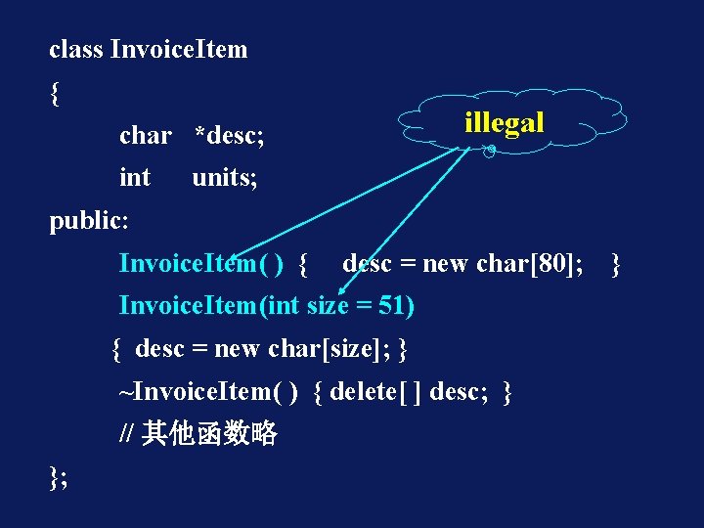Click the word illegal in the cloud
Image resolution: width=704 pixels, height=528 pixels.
504,123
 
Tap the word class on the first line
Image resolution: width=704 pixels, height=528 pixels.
75,49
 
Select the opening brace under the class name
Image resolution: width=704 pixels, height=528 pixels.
55,93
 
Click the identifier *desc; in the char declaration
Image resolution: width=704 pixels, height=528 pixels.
230,136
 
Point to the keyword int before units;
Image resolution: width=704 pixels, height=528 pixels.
135,177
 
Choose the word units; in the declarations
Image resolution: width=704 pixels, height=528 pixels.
225,177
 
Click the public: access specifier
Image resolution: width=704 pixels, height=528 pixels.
89,220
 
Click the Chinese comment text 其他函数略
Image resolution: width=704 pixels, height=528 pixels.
210,433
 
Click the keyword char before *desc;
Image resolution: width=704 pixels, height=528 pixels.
145,136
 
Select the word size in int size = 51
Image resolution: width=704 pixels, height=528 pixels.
328,306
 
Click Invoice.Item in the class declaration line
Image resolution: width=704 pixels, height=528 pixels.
179,49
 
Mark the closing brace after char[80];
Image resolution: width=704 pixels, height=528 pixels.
615,263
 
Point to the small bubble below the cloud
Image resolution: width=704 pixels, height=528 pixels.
491,151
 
